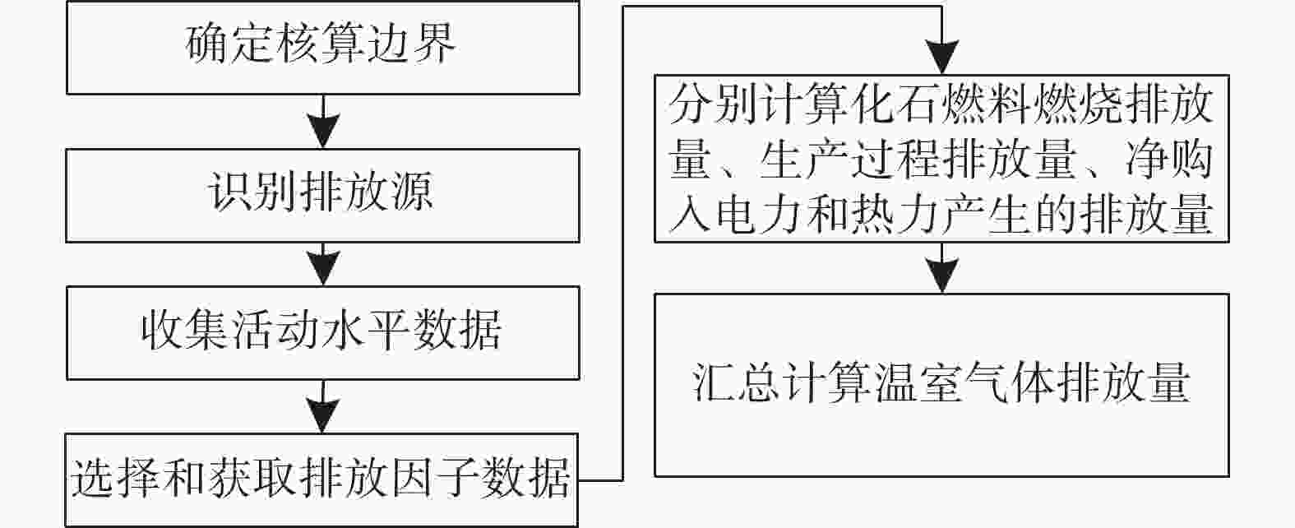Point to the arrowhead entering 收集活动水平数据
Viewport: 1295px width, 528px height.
pos(323,268)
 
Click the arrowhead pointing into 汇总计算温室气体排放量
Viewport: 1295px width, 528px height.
pos(942,276)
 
